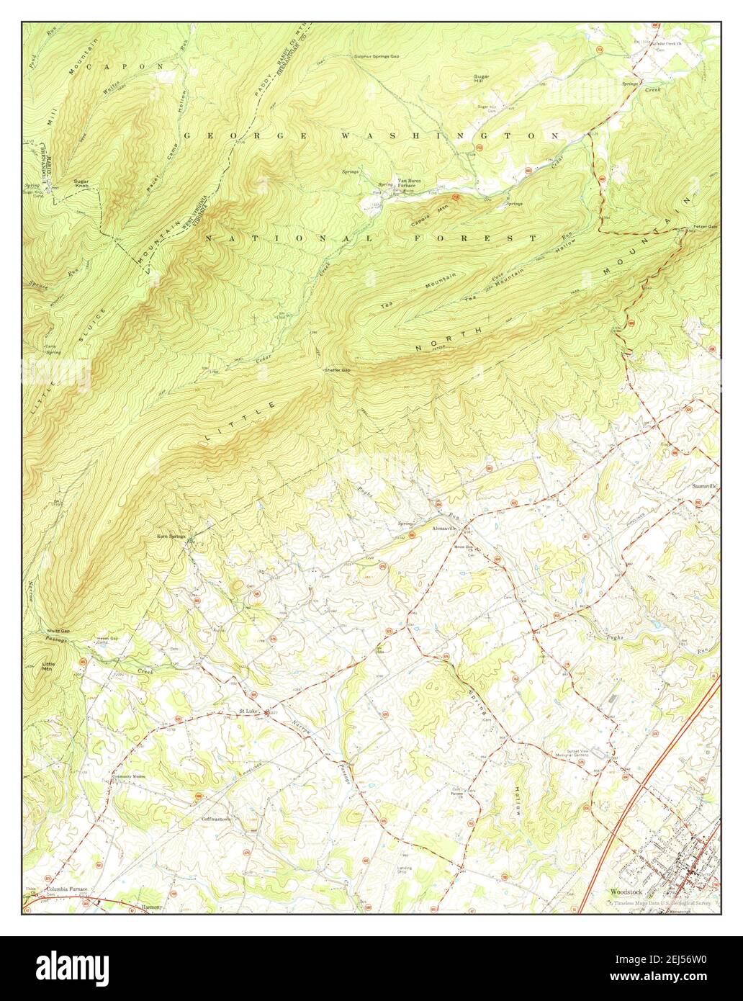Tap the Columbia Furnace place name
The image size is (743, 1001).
[67, 889]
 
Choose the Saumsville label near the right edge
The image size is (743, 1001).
[703, 486]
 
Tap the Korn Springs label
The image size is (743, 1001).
[171, 537]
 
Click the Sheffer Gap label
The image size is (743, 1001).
[336, 370]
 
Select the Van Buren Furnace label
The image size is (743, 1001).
[409, 183]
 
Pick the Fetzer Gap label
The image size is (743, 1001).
[706, 227]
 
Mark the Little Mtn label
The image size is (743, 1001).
[48, 666]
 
